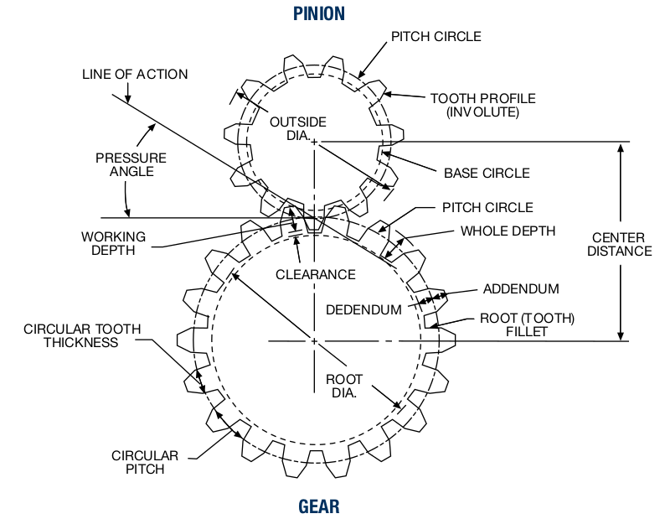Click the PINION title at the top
click(x=319, y=13)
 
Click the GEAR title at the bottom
click(x=319, y=506)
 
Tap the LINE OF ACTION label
click(x=135, y=75)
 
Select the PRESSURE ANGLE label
click(x=131, y=164)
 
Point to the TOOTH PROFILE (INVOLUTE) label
click(x=483, y=105)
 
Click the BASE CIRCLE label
click(x=487, y=173)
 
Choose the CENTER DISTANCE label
click(x=620, y=243)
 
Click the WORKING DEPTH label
click(x=113, y=243)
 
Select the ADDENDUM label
click(x=521, y=289)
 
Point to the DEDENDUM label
click(x=364, y=309)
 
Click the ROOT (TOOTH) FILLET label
click(x=527, y=325)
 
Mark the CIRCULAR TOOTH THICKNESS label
click(x=83, y=335)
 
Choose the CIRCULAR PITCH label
click(x=145, y=462)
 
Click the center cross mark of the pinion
click(x=314, y=142)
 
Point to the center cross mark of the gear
click(x=314, y=341)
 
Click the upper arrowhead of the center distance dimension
click(x=620, y=148)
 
